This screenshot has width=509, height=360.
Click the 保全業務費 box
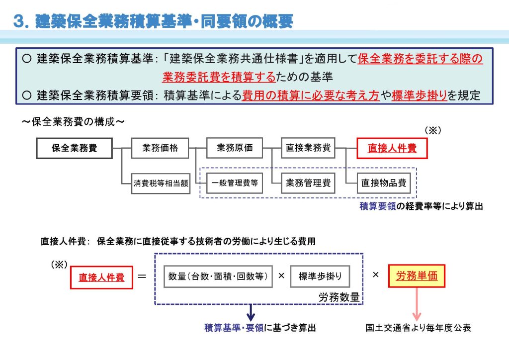(75, 148)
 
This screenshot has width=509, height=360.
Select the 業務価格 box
(160, 148)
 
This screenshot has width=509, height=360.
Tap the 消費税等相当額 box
(161, 183)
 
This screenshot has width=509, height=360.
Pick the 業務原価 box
(235, 148)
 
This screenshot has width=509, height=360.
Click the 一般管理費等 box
(235, 183)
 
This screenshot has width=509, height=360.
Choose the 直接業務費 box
(308, 148)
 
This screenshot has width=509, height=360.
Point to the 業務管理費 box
(308, 183)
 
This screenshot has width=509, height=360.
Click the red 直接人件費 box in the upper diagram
(392, 148)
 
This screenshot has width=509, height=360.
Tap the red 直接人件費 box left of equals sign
(101, 277)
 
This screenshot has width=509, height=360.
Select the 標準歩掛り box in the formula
(320, 276)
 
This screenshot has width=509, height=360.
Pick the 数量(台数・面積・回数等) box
(218, 276)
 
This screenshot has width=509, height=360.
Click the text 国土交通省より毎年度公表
(418, 328)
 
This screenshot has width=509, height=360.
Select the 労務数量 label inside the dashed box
(339, 297)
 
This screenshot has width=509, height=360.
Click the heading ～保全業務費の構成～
(72, 122)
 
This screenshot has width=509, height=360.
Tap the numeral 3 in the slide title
(19, 21)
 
